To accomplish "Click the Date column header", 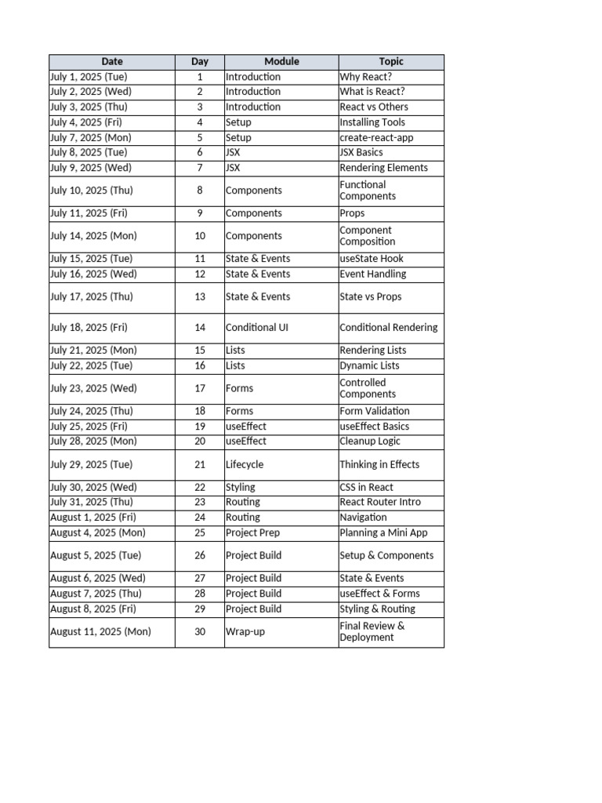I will (x=112, y=61).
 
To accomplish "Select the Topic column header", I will (x=391, y=61).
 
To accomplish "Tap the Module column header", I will (x=281, y=61).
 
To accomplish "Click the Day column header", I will (x=200, y=61).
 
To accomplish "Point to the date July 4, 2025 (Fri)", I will (x=86, y=122).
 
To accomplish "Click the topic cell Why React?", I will (x=366, y=77).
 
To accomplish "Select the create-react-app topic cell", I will (x=376, y=137).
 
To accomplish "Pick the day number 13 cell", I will (x=200, y=297).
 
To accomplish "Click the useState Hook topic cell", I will (x=372, y=259).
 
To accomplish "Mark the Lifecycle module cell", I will (x=245, y=465).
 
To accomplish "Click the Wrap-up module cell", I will (x=243, y=632).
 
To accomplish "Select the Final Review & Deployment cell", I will (x=372, y=632).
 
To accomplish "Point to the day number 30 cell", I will (x=200, y=632).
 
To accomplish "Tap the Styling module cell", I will (x=241, y=488).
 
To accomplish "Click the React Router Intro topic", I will (x=380, y=502).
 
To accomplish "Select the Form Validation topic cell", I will (x=375, y=411).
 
